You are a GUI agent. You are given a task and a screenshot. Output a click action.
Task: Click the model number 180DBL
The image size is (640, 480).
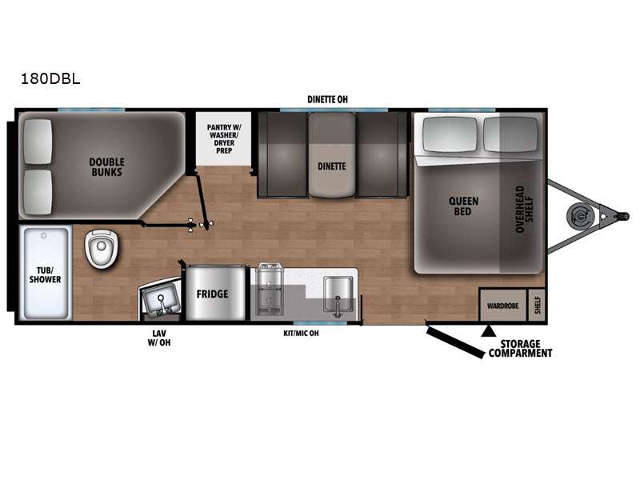[50, 78]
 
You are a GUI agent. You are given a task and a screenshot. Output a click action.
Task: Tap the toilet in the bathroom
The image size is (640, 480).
[102, 248]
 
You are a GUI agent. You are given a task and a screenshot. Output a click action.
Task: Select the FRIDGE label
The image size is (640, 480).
[212, 294]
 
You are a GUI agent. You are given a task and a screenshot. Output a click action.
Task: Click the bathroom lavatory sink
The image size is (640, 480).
[161, 301]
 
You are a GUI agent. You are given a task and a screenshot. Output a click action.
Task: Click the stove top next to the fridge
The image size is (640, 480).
[270, 290]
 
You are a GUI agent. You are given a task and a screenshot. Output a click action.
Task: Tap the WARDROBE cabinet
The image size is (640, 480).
[503, 305]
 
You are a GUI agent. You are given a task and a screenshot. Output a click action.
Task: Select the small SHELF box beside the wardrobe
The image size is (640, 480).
[537, 305]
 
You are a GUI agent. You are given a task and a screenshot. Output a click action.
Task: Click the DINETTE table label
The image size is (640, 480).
[332, 166]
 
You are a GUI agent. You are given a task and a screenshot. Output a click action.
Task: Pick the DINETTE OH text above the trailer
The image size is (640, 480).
[327, 99]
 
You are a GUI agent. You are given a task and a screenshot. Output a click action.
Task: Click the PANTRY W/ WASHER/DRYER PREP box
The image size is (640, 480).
[224, 138]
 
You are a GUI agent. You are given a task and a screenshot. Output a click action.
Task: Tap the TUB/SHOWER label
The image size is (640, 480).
[45, 274]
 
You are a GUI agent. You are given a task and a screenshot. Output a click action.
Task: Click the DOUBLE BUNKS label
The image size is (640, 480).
[107, 167]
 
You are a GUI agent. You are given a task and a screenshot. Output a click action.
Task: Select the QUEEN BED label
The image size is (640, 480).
[463, 206]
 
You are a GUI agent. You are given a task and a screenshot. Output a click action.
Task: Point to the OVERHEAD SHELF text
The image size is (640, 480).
[525, 209]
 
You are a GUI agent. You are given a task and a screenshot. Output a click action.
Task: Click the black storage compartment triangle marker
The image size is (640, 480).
[486, 331]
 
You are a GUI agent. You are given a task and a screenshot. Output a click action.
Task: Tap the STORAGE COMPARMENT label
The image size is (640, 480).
[521, 349]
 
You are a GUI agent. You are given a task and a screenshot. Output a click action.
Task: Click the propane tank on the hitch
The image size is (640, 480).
[578, 215]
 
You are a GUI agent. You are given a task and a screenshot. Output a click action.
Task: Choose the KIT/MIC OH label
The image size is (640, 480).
[302, 333]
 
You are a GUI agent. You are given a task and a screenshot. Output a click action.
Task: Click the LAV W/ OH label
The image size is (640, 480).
[159, 338]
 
